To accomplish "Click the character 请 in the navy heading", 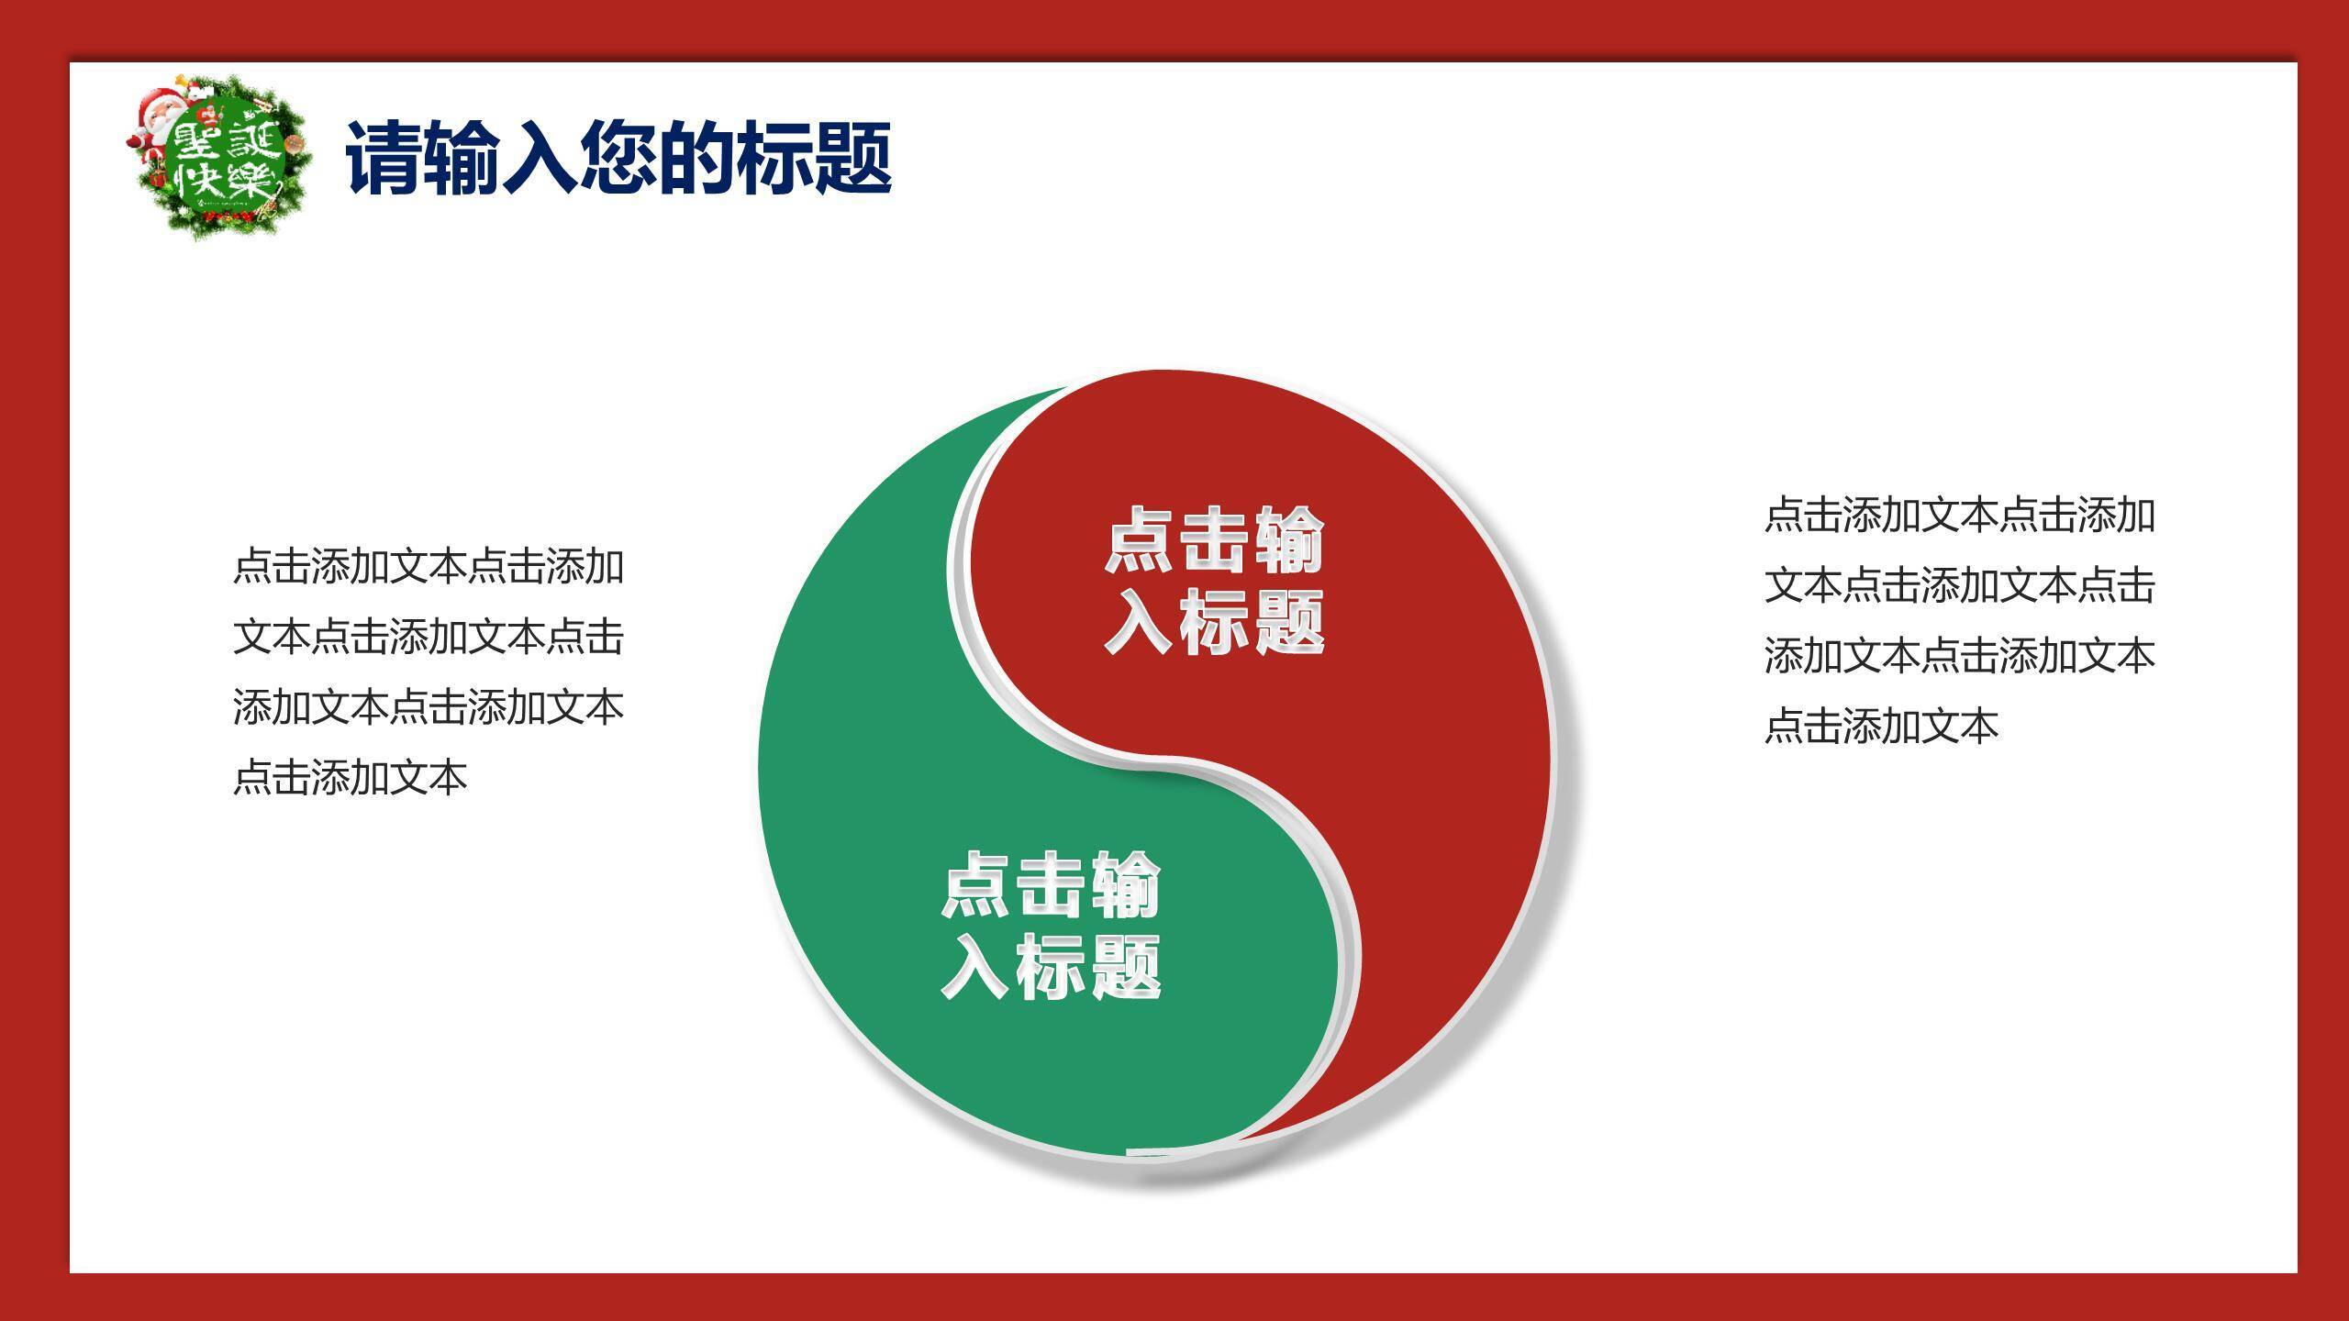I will point(384,158).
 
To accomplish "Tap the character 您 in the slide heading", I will point(618,158).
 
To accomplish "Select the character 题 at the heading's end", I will point(853,158).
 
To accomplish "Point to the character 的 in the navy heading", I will point(697,158).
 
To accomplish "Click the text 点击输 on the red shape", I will point(1214,540).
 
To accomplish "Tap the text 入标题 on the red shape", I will point(1214,621).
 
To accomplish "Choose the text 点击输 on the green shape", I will point(1051,884).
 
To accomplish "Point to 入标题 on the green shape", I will point(1051,965).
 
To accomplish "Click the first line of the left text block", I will point(429,567).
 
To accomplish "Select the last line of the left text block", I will point(351,778).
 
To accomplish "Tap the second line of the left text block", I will point(429,638).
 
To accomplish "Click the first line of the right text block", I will point(1959,516).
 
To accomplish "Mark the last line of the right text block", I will point(1881,727).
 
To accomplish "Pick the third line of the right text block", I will point(1959,656).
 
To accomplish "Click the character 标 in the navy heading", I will point(775,158).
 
